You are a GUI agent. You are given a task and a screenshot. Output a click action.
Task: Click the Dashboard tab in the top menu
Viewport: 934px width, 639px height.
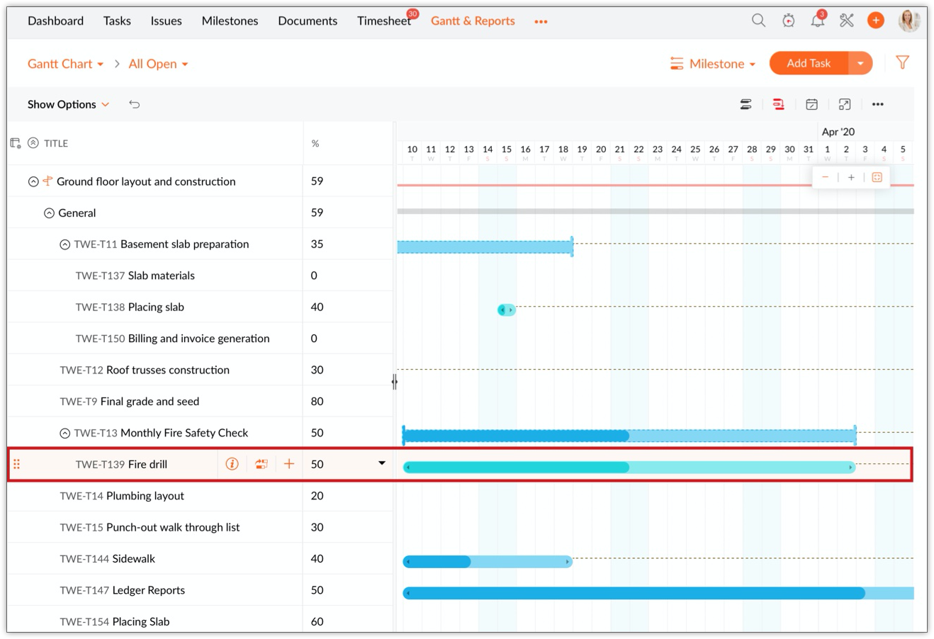pos(55,21)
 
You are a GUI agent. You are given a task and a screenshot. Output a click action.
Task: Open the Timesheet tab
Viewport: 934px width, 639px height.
pos(383,21)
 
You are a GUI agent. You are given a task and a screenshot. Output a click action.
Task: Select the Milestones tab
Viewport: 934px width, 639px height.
pos(230,21)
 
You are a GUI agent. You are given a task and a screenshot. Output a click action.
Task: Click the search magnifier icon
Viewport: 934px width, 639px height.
pos(758,21)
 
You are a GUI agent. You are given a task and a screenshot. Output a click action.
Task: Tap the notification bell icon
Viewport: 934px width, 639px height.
pos(817,21)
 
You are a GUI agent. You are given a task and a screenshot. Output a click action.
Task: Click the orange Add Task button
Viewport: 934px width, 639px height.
pos(809,63)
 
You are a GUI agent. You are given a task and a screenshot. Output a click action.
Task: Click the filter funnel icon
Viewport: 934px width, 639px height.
pos(902,63)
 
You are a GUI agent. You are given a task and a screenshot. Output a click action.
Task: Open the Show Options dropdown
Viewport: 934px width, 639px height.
pos(68,104)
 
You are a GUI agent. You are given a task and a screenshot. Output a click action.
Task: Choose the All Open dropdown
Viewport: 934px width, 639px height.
pos(158,64)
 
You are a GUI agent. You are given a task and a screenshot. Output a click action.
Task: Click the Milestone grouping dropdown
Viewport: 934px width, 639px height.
pos(713,64)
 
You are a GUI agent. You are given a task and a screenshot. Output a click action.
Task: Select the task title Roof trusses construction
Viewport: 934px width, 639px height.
pos(167,370)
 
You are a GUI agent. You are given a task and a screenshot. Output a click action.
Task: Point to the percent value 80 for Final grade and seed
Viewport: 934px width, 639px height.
pos(317,401)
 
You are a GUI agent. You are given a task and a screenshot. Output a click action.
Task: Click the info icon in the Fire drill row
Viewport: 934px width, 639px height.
pos(232,464)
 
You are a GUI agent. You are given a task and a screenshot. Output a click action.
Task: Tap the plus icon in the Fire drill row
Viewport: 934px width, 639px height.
pos(289,464)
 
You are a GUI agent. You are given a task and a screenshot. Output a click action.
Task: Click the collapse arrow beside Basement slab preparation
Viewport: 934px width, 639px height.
pos(64,244)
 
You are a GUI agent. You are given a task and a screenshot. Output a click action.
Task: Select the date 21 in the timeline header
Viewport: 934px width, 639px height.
pos(619,149)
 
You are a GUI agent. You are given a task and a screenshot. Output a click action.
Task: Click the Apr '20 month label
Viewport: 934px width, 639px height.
pos(838,132)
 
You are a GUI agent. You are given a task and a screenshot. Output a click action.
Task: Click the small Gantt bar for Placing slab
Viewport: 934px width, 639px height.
pos(506,310)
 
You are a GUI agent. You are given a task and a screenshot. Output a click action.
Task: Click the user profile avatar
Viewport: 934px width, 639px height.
pos(909,21)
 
